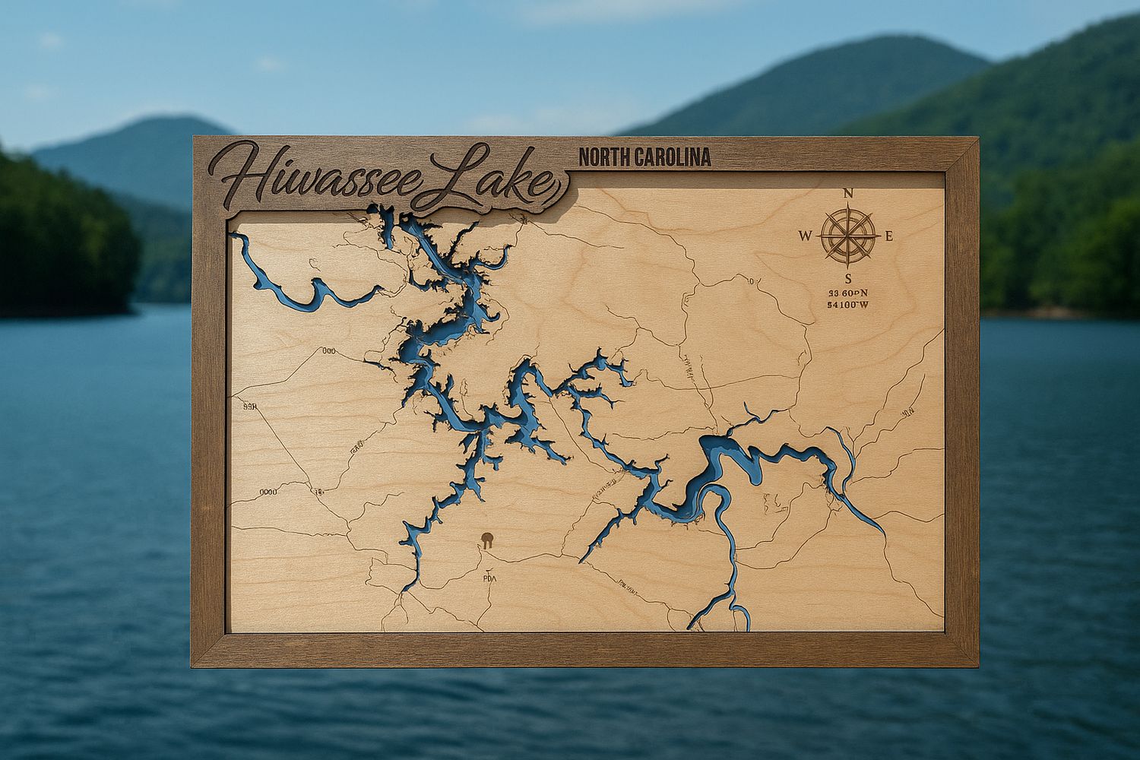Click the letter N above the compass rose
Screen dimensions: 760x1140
848,193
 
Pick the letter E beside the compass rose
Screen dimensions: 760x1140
888,236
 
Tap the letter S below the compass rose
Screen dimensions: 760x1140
848,278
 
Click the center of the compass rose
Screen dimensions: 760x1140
848,236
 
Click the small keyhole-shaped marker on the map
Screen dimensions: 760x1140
486,541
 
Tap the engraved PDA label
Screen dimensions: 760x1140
488,578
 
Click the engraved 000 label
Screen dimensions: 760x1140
329,351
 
